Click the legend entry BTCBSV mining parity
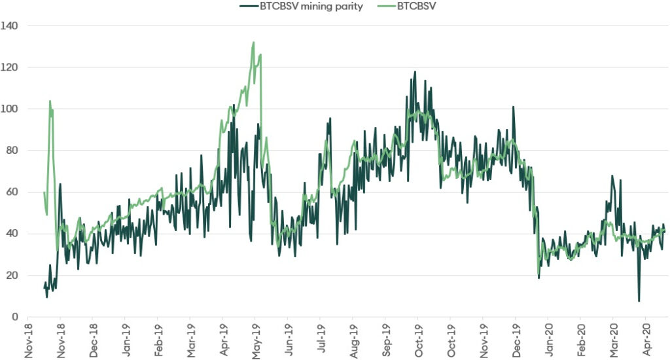coord(311,7)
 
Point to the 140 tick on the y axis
coord(10,26)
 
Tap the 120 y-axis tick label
coord(10,67)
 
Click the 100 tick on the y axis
coord(10,109)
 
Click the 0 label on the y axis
coord(14,317)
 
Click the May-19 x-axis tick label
coord(255,341)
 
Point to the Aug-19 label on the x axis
coord(352,341)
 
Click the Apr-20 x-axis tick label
coord(645,341)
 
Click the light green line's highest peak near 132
coord(253,43)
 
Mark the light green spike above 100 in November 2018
coord(50,101)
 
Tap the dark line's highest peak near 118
coord(415,72)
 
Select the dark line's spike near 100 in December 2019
coord(514,107)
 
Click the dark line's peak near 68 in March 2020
coord(612,176)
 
